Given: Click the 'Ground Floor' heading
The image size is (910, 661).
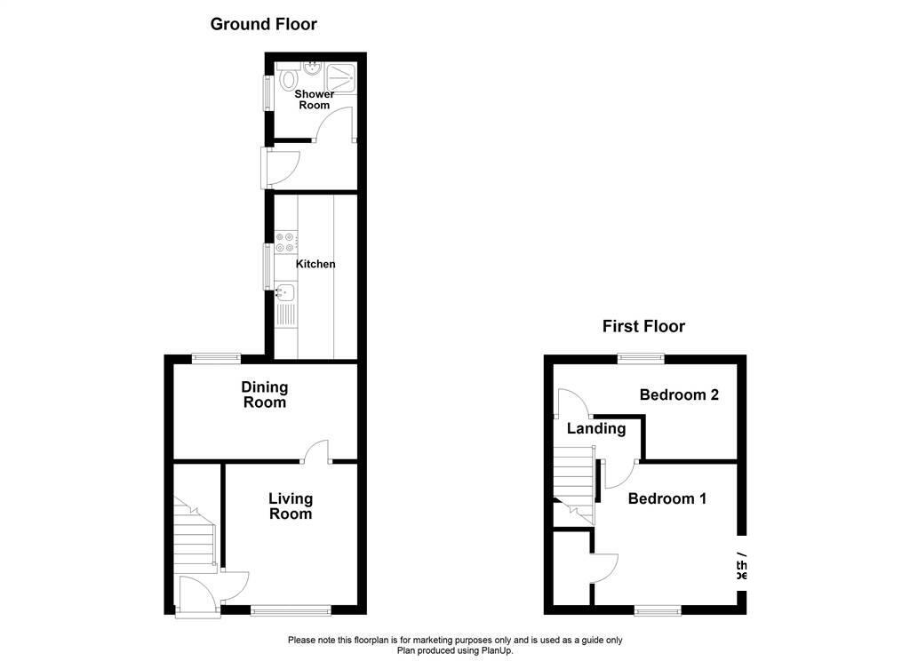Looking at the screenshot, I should [263, 24].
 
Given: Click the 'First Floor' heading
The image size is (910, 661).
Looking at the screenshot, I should [643, 326].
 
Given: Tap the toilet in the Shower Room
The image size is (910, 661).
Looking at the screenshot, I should [286, 78].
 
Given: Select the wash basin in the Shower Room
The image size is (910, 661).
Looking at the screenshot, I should [313, 68].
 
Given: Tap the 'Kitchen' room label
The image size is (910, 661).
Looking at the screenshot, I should [315, 264].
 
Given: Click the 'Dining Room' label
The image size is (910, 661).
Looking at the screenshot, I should [265, 394].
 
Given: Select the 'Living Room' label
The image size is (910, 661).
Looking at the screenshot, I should [291, 506].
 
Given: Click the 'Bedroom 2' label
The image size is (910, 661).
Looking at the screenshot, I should [679, 394].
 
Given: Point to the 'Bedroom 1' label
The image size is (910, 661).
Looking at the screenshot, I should [667, 498].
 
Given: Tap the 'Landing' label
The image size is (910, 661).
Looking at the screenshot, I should [596, 428].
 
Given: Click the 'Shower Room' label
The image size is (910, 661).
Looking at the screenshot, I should [314, 100].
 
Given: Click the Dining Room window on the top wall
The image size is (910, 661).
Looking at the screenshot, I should [217, 358].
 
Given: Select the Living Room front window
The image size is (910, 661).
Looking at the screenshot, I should [290, 609].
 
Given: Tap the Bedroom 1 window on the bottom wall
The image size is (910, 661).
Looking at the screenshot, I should [658, 609].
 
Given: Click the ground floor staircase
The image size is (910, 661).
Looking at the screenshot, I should [195, 538].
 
